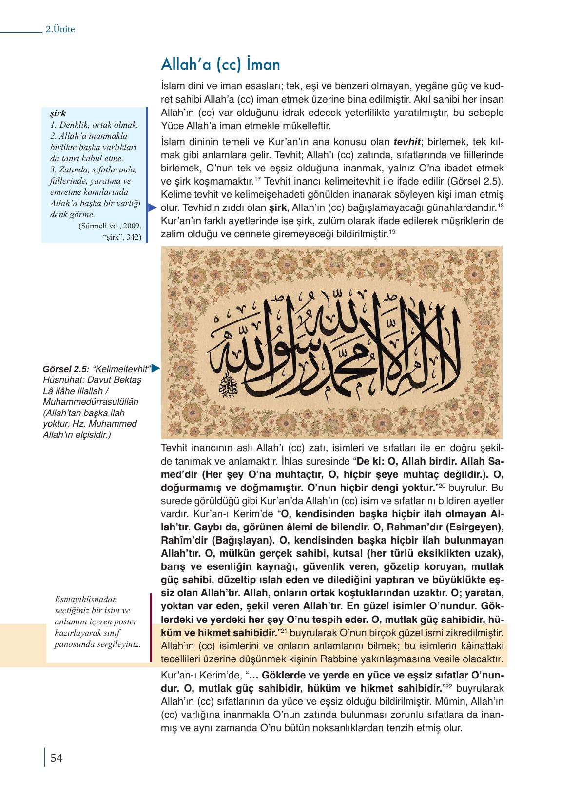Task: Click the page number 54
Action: (57, 758)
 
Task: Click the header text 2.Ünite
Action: (60, 29)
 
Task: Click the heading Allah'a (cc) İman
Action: (220, 65)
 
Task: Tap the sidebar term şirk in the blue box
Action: (58, 113)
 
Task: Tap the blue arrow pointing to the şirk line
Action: (152, 208)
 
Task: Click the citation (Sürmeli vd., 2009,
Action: (109, 226)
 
